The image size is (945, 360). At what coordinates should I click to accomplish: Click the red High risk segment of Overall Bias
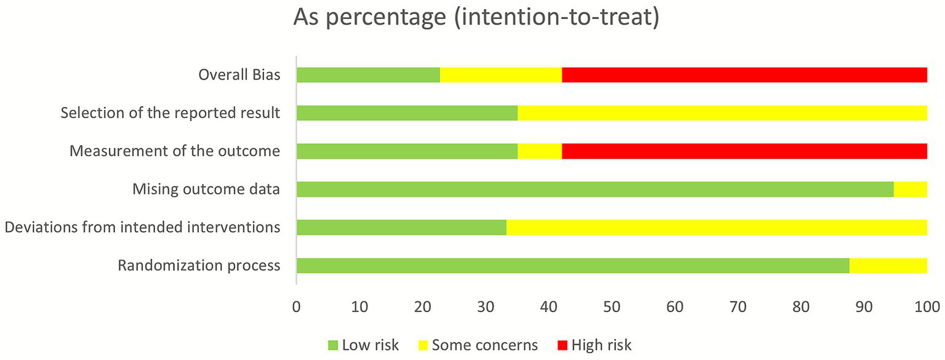744,75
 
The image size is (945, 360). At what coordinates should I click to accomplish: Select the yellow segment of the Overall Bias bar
501,75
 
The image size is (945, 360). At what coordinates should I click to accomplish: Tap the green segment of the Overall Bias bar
368,75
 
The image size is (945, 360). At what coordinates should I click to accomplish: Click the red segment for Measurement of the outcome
744,151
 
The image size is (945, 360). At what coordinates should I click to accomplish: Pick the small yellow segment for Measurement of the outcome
540,151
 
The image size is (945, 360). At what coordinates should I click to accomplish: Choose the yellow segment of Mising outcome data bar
910,190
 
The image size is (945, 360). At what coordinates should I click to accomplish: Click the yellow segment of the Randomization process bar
888,266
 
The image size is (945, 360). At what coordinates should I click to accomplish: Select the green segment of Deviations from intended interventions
401,228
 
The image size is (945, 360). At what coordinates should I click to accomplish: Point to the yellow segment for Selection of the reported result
722,113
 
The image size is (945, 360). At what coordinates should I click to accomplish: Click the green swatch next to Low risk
332,345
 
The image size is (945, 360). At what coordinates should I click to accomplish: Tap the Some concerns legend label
485,345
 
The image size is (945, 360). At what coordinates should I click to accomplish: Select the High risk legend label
601,345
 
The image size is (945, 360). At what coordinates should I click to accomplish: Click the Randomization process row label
199,266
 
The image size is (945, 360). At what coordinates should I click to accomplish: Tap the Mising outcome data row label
206,190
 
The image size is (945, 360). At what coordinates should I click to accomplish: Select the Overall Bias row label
239,75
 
